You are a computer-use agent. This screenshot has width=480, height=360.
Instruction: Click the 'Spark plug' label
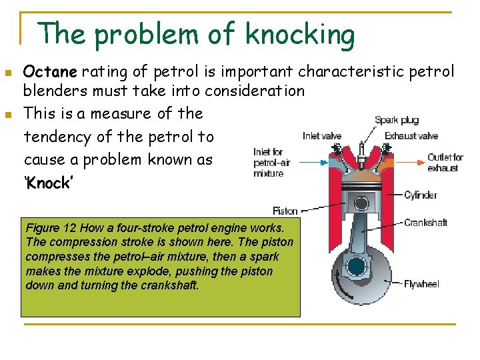tap(397, 121)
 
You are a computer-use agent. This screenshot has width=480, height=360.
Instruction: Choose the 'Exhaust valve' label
tap(411, 136)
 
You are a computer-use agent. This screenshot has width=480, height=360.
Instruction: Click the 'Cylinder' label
tap(421, 195)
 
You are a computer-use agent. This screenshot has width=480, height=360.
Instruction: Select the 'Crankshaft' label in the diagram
tap(425, 223)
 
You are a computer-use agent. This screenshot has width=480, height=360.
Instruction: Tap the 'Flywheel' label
tap(421, 284)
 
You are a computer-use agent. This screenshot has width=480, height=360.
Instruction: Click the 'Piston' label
tap(285, 211)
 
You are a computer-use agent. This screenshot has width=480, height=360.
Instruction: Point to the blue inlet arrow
tap(313, 161)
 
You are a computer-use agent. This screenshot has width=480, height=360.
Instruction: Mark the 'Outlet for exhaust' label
tap(443, 163)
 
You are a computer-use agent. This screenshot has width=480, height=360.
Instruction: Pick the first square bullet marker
tap(8, 72)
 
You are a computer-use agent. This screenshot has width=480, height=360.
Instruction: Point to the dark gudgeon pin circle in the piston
tap(361, 203)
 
